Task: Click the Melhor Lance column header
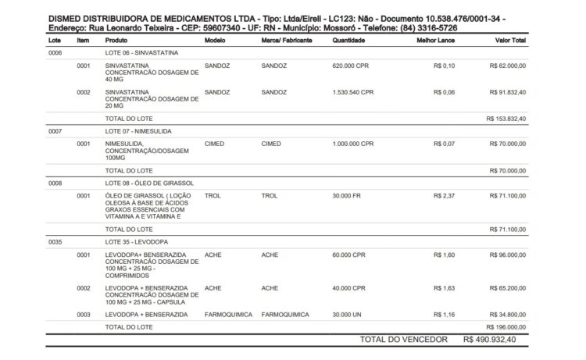437,40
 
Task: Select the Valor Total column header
510,40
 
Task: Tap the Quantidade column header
348,40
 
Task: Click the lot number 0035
55,242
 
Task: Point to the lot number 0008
55,184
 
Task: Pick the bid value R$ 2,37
444,196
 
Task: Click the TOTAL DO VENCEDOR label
403,340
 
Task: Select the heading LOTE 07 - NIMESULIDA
138,131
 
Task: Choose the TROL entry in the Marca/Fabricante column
270,196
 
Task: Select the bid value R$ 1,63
444,287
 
